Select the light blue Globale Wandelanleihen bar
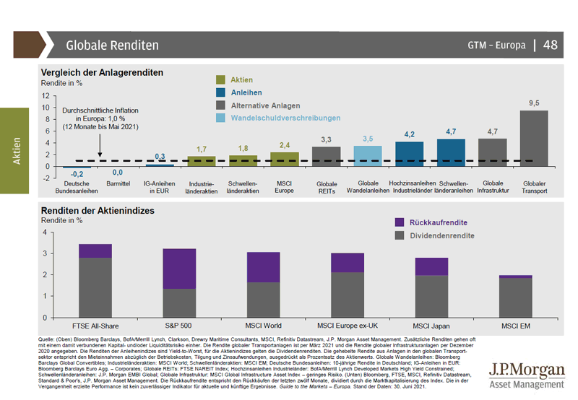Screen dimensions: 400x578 click(368, 156)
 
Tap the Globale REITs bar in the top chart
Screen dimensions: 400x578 click(326, 157)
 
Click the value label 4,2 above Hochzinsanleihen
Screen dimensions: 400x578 click(409, 134)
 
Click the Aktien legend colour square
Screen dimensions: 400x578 click(221, 79)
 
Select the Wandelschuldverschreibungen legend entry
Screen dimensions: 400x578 click(285, 118)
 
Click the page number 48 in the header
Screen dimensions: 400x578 click(550, 45)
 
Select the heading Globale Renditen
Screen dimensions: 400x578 click(112, 45)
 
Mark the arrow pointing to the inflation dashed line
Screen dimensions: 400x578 click(100, 148)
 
